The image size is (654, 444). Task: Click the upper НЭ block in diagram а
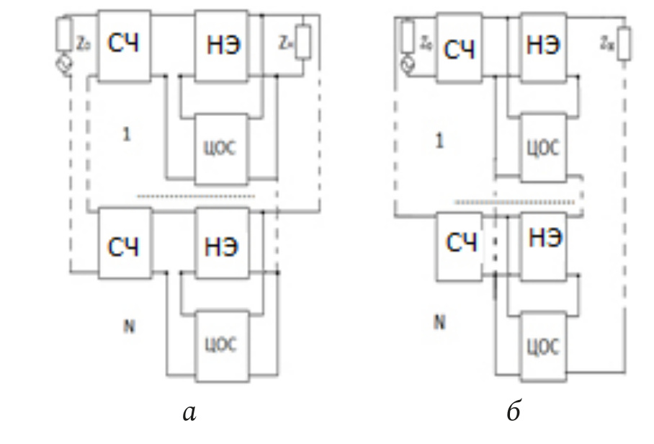(x=223, y=45)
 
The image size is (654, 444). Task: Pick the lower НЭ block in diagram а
(x=223, y=244)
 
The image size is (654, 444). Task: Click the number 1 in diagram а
(x=127, y=135)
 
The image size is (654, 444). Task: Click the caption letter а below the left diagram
(x=189, y=413)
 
